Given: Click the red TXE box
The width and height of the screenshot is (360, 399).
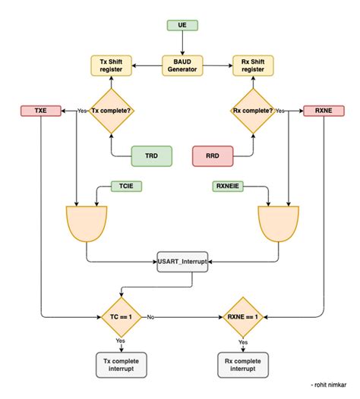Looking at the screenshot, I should point(40,110).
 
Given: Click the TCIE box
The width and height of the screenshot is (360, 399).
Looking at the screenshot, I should point(127,184).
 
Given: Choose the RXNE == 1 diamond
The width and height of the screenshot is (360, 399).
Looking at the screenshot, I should point(243,316).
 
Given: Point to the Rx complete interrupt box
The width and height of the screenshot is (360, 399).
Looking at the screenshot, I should point(243,364).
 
